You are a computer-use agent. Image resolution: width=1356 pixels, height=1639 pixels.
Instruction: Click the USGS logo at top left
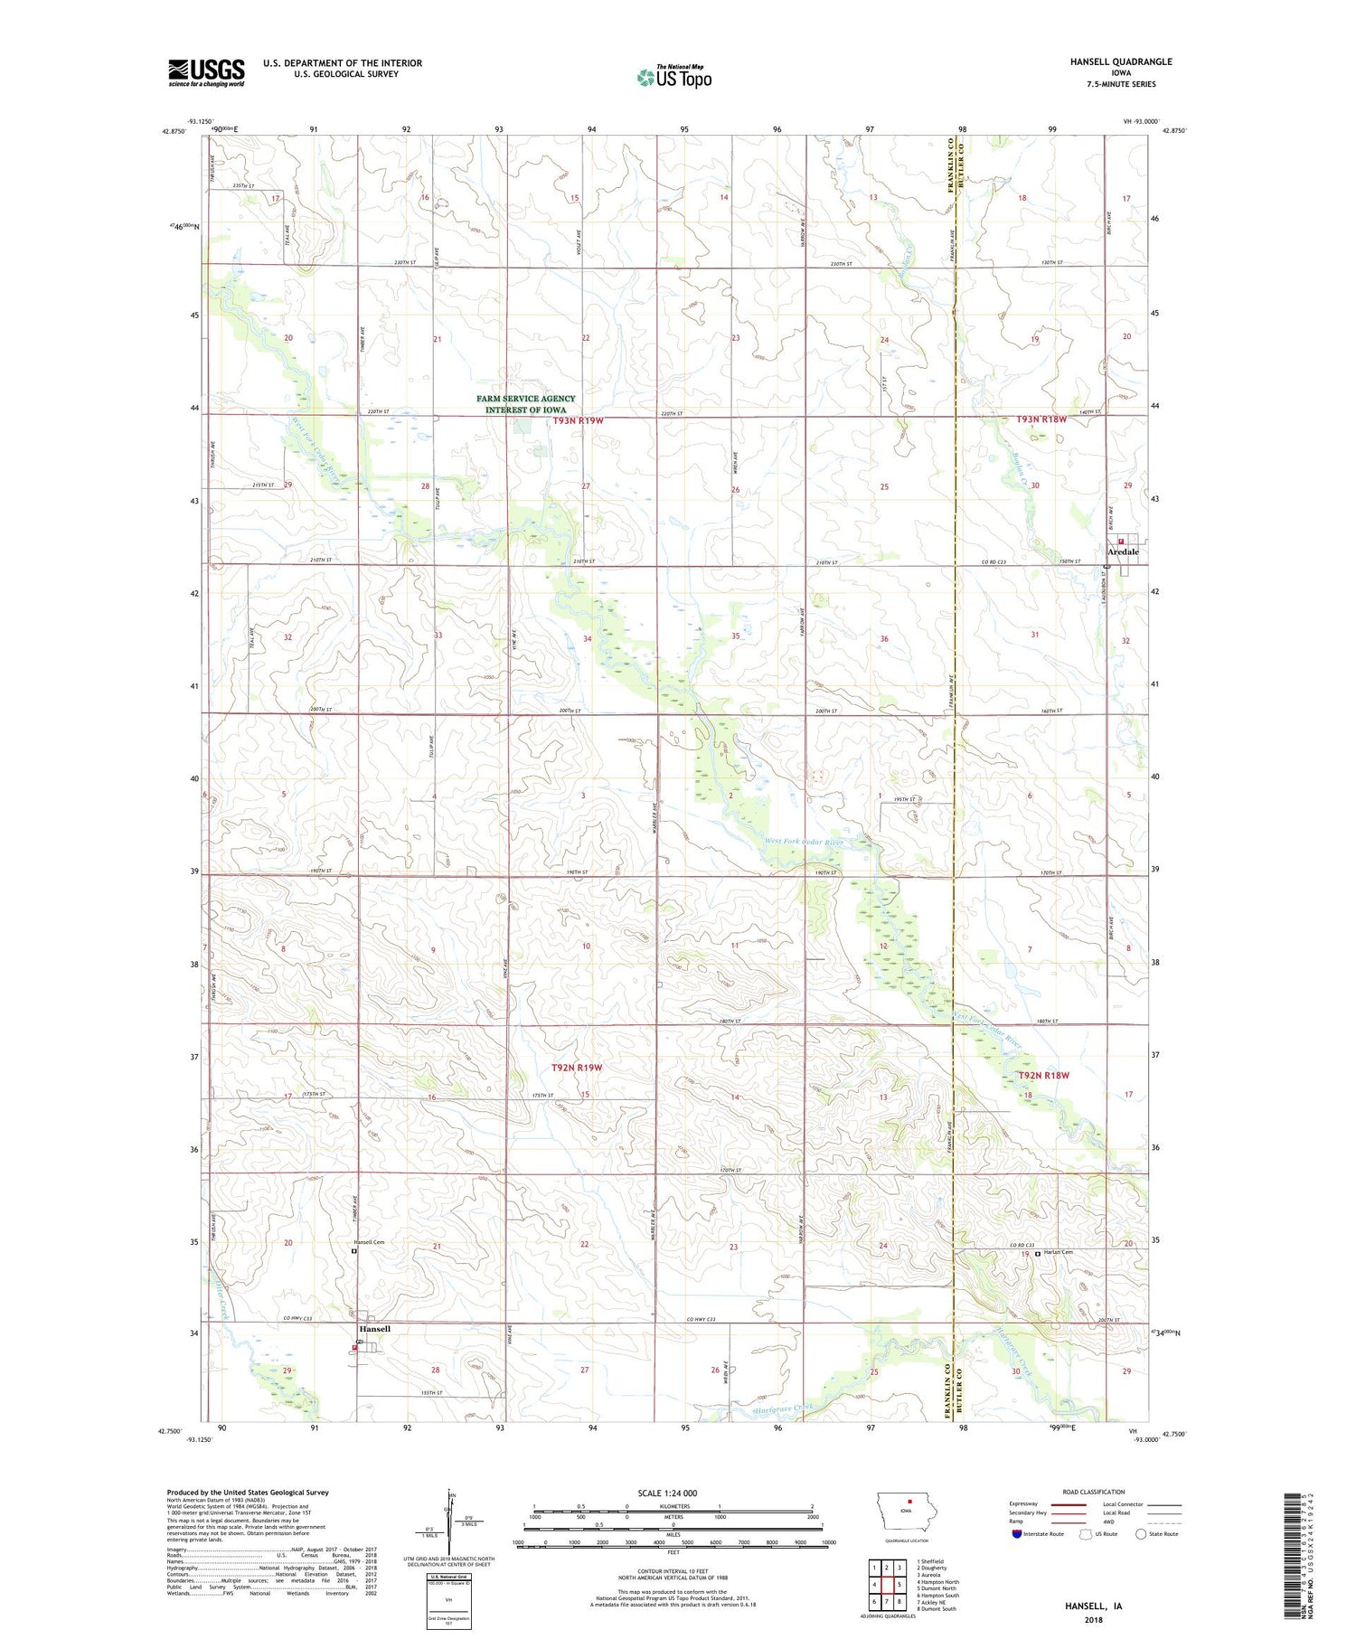(206, 72)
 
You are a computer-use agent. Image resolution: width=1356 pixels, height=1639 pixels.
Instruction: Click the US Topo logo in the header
(673, 78)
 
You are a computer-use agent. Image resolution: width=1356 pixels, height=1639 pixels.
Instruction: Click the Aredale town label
(1124, 551)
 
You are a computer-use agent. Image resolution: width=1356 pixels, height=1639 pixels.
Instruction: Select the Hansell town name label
(374, 1329)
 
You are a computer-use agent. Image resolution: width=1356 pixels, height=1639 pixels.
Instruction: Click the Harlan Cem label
(1059, 1252)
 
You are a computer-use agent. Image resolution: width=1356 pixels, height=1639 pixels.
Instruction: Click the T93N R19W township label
(578, 420)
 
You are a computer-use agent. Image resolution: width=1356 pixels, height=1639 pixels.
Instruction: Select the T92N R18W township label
(1043, 1075)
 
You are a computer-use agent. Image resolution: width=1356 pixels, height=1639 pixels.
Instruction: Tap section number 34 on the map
(588, 639)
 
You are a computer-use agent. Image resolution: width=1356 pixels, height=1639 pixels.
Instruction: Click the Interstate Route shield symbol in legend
(1017, 1534)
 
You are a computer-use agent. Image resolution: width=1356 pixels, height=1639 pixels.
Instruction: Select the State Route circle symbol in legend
(1141, 1534)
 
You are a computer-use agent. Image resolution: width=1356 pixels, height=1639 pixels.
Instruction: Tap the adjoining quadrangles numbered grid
(887, 1584)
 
